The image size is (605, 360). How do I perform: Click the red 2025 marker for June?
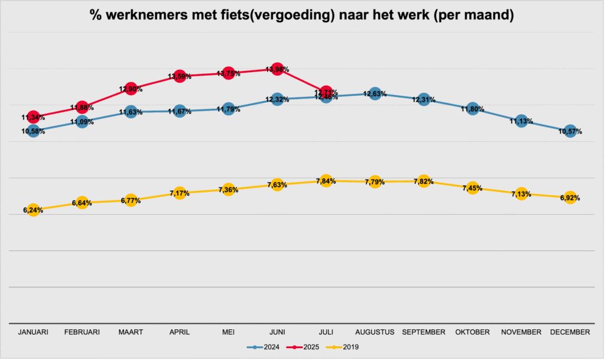277,70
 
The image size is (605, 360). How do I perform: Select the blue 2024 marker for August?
375,93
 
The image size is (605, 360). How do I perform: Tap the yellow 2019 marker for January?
34,209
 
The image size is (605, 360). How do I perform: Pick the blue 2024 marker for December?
570,131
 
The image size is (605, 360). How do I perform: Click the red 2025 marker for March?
131,89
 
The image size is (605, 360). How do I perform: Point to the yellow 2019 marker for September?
424,181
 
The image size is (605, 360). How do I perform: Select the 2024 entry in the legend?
269,348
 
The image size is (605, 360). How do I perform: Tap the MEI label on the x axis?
229,333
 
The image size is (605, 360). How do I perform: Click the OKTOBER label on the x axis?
472,333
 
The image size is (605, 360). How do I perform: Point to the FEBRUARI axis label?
82,333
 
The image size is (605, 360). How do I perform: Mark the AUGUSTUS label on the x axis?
375,333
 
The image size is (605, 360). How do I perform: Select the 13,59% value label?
180,76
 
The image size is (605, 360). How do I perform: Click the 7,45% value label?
472,189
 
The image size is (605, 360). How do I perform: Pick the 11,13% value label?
521,122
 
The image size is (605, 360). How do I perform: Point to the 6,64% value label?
82,203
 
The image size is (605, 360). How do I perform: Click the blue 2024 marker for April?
180,111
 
